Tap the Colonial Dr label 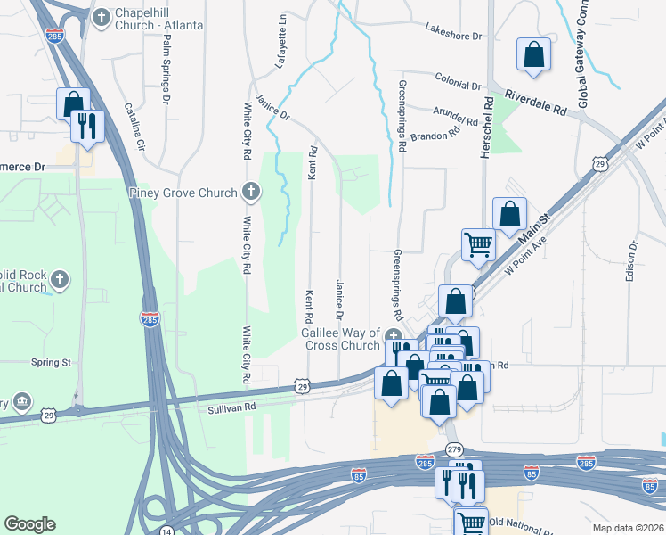458,83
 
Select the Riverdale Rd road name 534,100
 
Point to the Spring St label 51,363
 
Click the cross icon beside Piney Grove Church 252,192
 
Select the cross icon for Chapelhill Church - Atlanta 102,15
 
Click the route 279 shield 455,449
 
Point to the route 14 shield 167,531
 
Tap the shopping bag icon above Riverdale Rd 532,54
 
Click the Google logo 29,524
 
